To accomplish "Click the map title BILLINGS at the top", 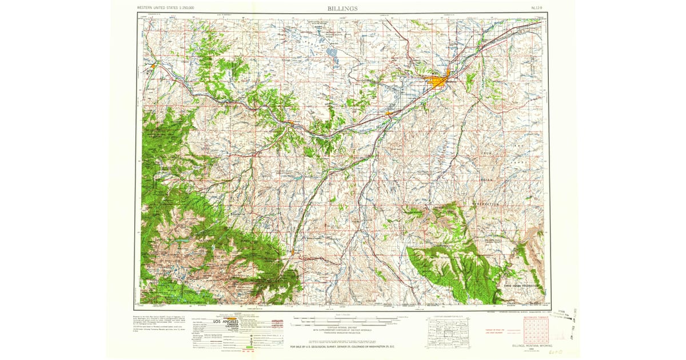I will coord(343,9).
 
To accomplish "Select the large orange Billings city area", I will coord(439,82).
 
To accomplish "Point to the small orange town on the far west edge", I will coord(152,67).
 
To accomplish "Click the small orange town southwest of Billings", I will coord(389,113).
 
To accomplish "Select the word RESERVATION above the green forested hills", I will coord(486,204).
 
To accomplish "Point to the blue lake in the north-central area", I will coord(332,53).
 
